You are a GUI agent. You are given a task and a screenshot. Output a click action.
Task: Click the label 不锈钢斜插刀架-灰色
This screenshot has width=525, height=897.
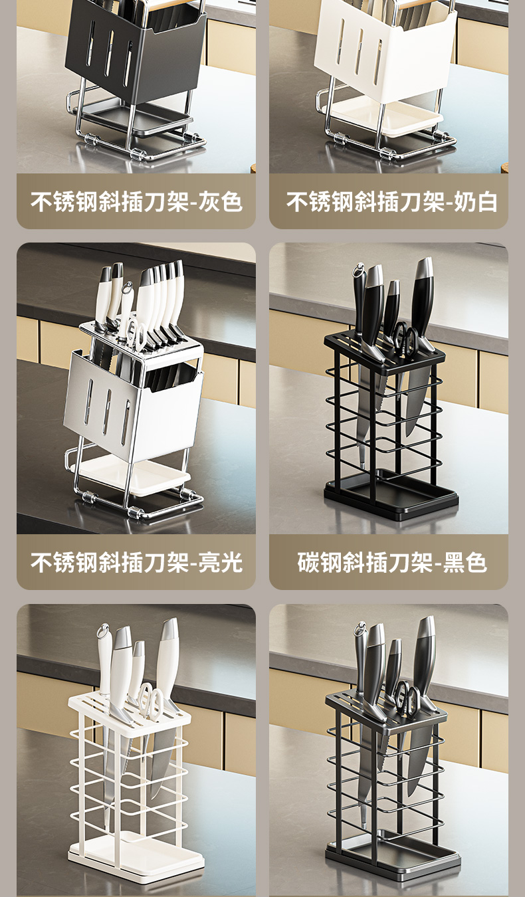tap(136, 201)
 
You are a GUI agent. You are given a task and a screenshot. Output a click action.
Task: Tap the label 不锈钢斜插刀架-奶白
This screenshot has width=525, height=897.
tap(391, 201)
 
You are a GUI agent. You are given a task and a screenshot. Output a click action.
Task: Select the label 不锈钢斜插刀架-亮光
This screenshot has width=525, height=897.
tap(136, 562)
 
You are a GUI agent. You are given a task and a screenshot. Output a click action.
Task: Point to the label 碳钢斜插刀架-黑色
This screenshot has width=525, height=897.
tap(391, 562)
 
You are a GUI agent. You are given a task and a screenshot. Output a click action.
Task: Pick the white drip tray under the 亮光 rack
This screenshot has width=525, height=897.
tap(134, 475)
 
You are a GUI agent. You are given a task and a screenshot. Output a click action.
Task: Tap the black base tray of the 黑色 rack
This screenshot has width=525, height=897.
tap(391, 495)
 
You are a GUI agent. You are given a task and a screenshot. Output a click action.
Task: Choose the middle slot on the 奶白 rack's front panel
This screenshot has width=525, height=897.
tap(359, 52)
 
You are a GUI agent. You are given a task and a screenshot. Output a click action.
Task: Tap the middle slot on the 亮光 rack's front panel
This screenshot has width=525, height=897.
tap(106, 412)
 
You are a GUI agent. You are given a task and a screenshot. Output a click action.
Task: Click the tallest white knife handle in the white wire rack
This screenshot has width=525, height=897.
tap(167, 656)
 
